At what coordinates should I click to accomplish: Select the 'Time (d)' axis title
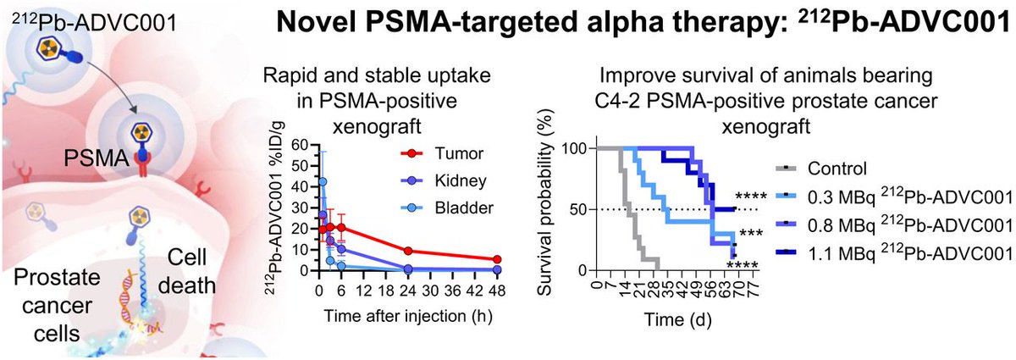[675, 320]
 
